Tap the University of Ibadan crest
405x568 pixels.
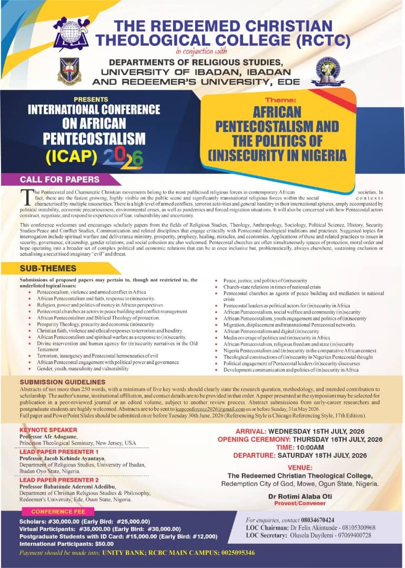[69, 71]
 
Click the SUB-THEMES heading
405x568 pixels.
[48, 269]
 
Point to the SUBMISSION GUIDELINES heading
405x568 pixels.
[63, 382]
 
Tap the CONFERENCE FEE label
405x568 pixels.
[55, 511]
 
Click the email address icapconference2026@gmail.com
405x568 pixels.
[211, 409]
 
